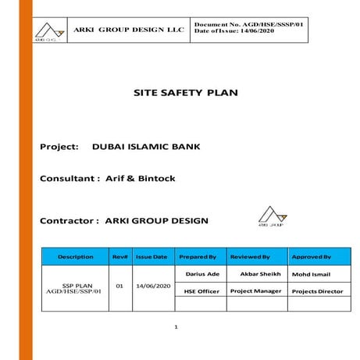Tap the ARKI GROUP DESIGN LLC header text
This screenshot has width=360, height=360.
pyautogui.click(x=129, y=30)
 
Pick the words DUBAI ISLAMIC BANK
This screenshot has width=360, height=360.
pyautogui.click(x=144, y=146)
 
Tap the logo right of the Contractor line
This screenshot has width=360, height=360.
pyautogui.click(x=271, y=216)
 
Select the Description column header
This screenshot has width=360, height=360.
pyautogui.click(x=75, y=256)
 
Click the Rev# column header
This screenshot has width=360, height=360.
pyautogui.click(x=119, y=256)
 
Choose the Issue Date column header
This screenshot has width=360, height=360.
pyautogui.click(x=151, y=256)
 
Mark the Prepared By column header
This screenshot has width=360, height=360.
pyautogui.click(x=198, y=256)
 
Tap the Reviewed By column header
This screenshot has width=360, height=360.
pyautogui.click(x=250, y=256)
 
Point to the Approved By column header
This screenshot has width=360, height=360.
pyautogui.click(x=311, y=256)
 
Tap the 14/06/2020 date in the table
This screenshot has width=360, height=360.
pyautogui.click(x=151, y=286)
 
